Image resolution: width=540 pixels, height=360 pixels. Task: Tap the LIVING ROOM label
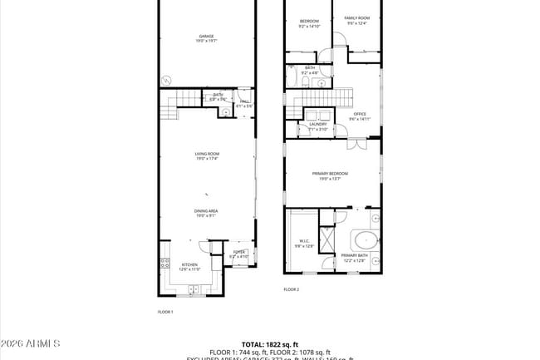click(x=207, y=155)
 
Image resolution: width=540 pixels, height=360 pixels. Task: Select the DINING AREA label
click(x=207, y=213)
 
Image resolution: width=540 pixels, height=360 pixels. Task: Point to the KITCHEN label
click(x=189, y=266)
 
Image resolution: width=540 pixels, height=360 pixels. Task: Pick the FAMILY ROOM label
click(x=357, y=19)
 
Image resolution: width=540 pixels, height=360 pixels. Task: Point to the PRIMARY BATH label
click(x=354, y=258)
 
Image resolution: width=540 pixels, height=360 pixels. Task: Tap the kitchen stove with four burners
click(x=164, y=265)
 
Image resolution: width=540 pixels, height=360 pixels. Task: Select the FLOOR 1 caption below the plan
click(x=165, y=312)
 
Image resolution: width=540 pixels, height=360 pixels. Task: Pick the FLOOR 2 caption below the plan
click(x=292, y=289)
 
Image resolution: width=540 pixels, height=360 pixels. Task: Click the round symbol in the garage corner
click(x=166, y=80)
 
